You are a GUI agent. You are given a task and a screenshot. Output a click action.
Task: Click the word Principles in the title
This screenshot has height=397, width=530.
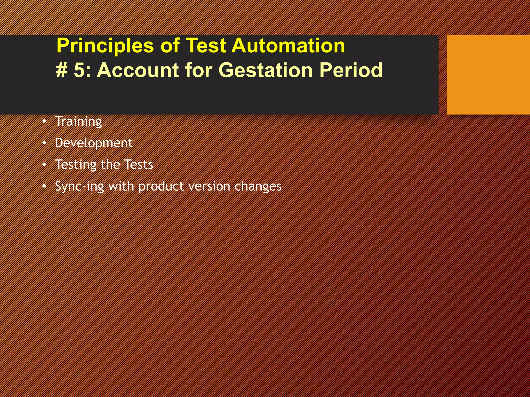pos(105,46)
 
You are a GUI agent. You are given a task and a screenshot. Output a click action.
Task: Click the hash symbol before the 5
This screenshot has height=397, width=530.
pos(62,70)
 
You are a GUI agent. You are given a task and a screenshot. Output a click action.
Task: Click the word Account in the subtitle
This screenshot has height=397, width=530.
pos(137,70)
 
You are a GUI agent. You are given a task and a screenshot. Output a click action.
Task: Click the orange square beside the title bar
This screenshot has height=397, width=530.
pos(488,75)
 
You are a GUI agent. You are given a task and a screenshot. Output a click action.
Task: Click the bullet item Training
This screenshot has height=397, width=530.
pos(79,121)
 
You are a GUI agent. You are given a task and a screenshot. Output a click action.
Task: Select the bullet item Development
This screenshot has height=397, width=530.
pos(94,143)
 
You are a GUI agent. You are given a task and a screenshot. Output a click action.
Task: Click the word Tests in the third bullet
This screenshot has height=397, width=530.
pos(139,164)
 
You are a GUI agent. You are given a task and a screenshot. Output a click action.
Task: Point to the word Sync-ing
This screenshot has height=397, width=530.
pos(79,186)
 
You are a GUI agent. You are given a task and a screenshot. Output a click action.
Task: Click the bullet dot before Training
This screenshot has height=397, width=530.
pos(44,121)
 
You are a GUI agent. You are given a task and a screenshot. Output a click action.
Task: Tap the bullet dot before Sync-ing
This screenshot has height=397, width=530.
pos(44,186)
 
